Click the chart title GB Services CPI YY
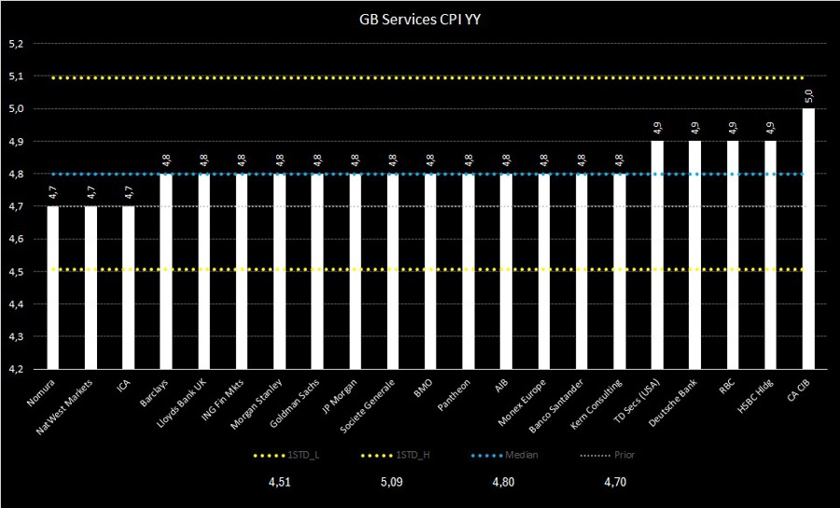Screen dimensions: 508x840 click(419, 18)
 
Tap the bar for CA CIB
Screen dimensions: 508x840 click(808, 238)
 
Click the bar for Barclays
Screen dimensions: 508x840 click(166, 271)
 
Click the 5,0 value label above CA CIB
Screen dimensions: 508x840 click(808, 96)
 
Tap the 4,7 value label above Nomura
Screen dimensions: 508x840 click(53, 194)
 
